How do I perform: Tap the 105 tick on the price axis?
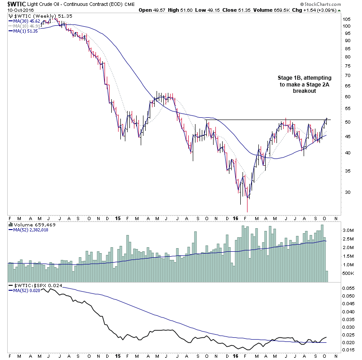pyautogui.click(x=347, y=19)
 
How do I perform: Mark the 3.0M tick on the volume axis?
pyautogui.click(x=348, y=230)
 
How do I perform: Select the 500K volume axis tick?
pyautogui.click(x=348, y=274)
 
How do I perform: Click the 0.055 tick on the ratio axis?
pyautogui.click(x=348, y=288)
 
